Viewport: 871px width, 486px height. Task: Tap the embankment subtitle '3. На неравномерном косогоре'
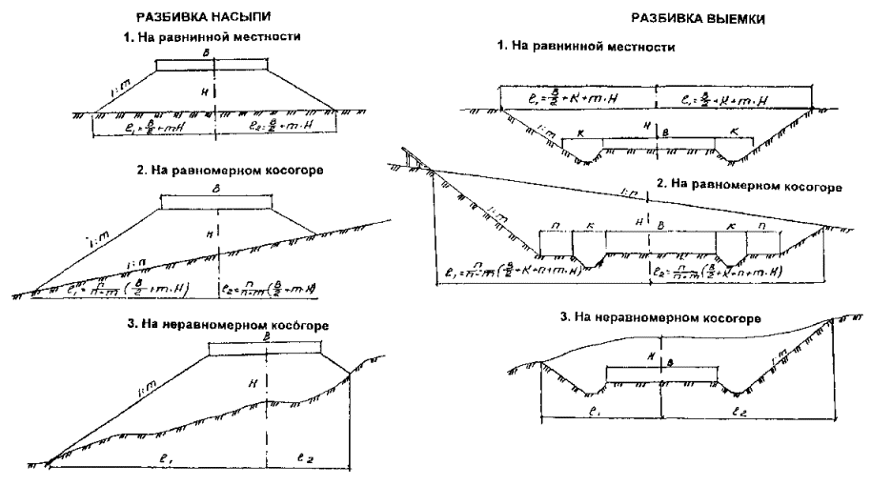228,326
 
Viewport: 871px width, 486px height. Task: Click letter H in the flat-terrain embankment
203,91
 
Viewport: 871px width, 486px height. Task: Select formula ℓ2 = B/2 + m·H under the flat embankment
276,125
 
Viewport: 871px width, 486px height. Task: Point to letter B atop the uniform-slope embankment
217,190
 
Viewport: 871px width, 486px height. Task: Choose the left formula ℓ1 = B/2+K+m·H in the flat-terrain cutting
558,96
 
